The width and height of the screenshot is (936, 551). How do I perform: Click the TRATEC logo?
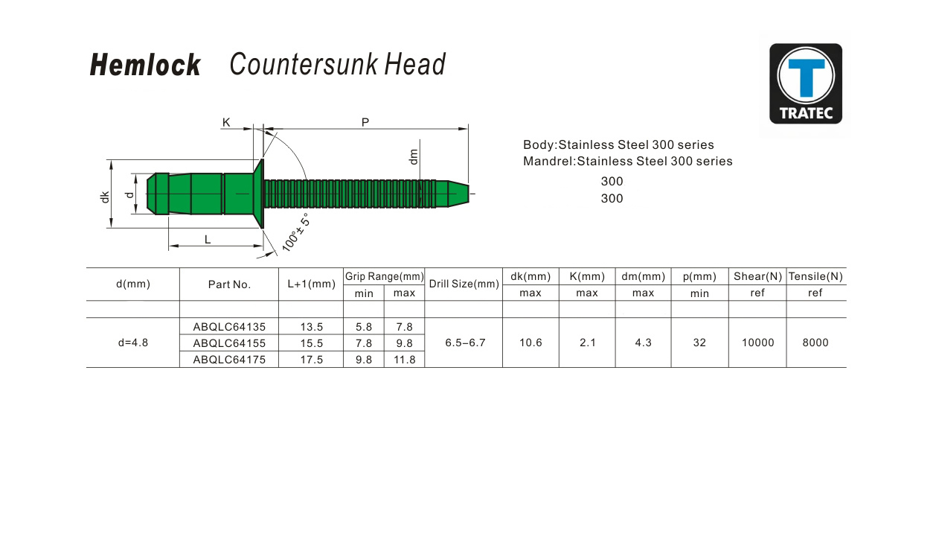tap(806, 83)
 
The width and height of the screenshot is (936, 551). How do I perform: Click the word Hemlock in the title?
tap(145, 66)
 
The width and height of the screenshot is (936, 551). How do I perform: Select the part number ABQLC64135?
tap(229, 327)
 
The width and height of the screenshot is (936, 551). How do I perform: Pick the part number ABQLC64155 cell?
tap(229, 343)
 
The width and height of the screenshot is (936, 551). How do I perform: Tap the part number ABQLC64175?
tap(229, 360)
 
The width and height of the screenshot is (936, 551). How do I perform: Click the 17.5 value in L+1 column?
tap(311, 360)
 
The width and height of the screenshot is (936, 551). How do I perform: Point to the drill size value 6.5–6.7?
tap(465, 343)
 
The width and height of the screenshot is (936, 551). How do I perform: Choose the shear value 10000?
tap(758, 343)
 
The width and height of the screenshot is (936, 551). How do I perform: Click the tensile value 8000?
tap(815, 343)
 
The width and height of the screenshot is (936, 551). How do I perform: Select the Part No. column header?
tap(229, 284)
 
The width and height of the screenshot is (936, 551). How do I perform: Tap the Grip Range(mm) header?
tap(384, 277)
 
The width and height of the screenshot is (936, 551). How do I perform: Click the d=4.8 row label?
tap(133, 343)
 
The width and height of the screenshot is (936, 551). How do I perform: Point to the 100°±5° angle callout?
tap(295, 232)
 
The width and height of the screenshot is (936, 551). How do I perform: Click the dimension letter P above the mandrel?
tap(365, 121)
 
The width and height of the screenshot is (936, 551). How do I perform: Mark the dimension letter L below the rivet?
tap(208, 239)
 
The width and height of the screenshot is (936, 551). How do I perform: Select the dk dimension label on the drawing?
tap(106, 197)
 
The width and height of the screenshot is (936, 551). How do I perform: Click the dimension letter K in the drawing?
tap(226, 121)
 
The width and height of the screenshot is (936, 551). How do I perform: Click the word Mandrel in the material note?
tap(548, 162)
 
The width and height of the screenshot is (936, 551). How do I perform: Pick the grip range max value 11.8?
tap(404, 360)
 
